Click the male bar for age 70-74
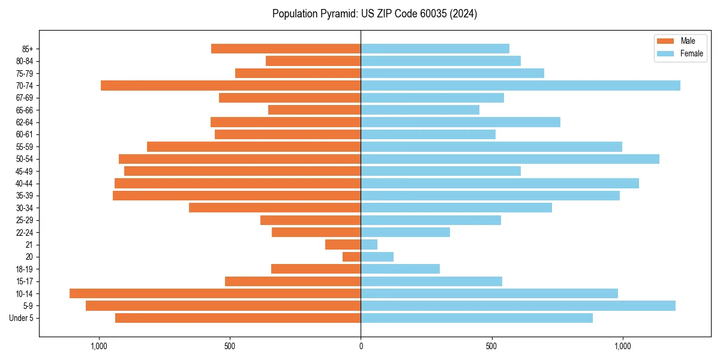[x=230, y=85]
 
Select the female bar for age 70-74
[x=520, y=85]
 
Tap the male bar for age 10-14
[x=215, y=293]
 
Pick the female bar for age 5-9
[x=518, y=305]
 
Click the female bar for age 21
[x=369, y=244]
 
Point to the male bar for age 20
[x=352, y=257]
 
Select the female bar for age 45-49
[x=440, y=171]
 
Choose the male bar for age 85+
[x=286, y=49]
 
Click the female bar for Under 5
[x=476, y=318]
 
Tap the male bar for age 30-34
[x=275, y=208]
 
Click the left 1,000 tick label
[x=98, y=346]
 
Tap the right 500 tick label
[x=491, y=346]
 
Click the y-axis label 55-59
[x=24, y=146]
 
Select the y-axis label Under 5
[x=21, y=318]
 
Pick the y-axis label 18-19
[x=24, y=269]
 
